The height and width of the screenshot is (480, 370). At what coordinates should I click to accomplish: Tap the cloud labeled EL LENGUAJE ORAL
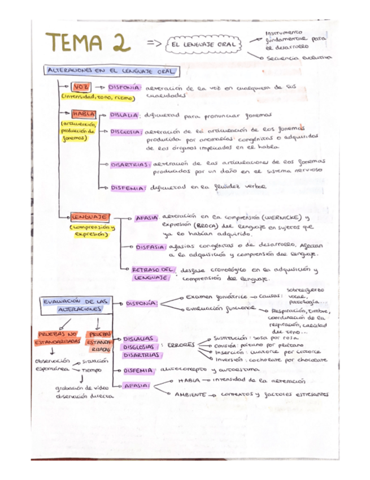point(203,44)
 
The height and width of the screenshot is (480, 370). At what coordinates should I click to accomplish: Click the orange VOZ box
point(78,88)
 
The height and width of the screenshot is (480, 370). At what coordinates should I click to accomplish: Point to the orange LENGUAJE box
point(89,217)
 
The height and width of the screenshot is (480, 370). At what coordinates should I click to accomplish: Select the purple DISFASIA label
point(150,247)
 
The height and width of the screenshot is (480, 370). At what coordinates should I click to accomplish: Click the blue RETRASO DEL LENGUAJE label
point(152,274)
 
